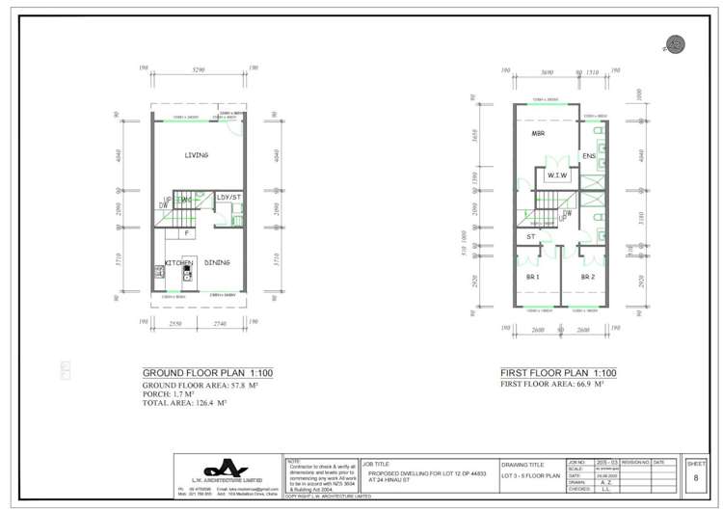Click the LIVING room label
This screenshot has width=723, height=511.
click(x=197, y=154)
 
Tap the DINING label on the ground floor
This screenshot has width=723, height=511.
click(x=216, y=262)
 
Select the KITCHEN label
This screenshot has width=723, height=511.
click(x=178, y=262)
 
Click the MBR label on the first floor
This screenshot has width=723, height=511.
click(x=539, y=135)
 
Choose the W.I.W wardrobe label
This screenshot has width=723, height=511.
click(x=556, y=176)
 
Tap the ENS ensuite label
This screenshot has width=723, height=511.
click(x=590, y=156)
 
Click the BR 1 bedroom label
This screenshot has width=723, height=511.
click(x=531, y=277)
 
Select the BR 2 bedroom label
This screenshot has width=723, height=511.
click(x=586, y=277)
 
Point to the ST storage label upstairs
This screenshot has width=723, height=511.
click(x=530, y=236)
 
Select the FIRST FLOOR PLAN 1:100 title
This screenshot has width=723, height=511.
click(x=557, y=373)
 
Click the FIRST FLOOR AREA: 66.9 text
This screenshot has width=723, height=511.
click(x=550, y=384)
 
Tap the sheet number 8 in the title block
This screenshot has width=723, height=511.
click(x=695, y=476)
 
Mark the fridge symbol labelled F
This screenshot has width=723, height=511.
click(x=186, y=232)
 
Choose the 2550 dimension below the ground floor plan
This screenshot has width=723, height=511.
click(x=174, y=325)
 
